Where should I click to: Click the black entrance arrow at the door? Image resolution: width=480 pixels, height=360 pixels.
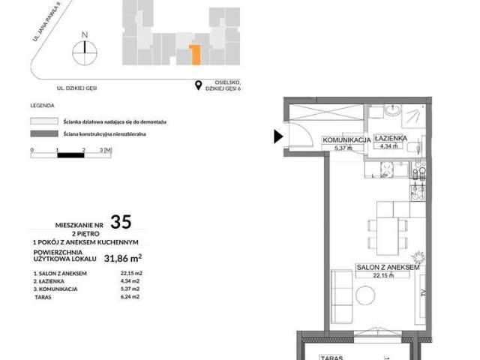(x=278, y=136)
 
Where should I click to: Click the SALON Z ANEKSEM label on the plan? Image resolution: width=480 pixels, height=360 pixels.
(x=386, y=266)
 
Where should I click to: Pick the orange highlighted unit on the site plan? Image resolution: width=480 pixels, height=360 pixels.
(x=195, y=53)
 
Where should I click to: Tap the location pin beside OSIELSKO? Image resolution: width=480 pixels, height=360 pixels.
(x=199, y=85)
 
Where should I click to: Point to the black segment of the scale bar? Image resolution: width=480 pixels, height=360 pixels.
(x=70, y=156)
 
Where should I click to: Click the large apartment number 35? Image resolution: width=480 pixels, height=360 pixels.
(x=121, y=221)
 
